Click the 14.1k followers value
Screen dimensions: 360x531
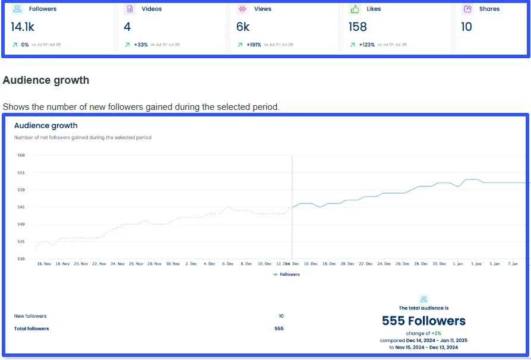tap(23, 27)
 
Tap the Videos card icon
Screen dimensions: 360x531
tap(129, 10)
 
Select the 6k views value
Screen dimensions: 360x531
tap(243, 27)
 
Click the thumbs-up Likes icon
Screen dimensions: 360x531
tap(355, 10)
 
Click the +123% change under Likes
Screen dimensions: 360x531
tap(367, 45)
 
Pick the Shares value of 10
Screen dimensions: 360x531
tap(467, 27)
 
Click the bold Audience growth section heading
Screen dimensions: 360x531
tap(46, 80)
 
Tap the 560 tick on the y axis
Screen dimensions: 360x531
tap(21, 156)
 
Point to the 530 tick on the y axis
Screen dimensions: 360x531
tap(21, 259)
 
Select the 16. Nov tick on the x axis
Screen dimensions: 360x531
tap(45, 264)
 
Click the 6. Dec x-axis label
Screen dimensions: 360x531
tap(227, 264)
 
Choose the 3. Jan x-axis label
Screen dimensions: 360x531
tap(476, 264)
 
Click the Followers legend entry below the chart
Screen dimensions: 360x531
tap(287, 274)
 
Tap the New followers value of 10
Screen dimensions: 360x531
tap(281, 316)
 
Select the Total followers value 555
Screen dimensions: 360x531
tap(279, 329)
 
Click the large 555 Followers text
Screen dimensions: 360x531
tap(423, 321)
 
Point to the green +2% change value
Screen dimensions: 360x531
tap(436, 333)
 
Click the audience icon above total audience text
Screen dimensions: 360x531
tap(423, 299)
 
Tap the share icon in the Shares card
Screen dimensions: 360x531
tap(467, 10)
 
